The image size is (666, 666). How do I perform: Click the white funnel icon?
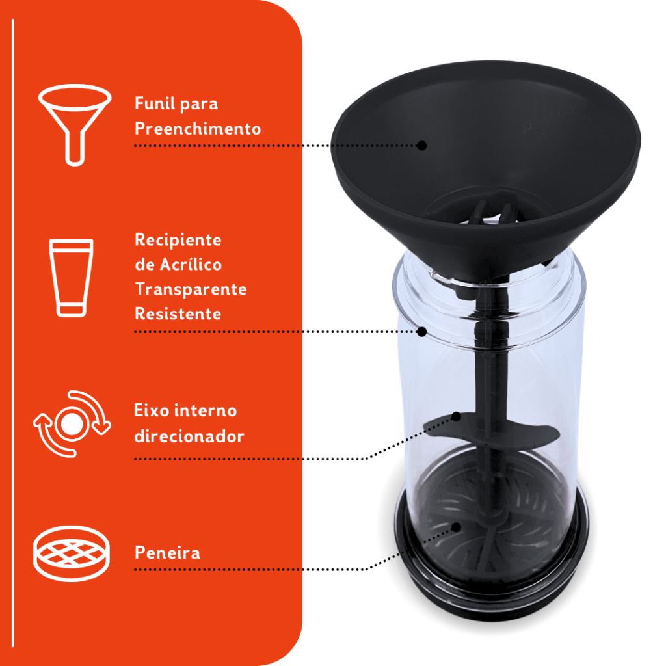(x=75, y=98)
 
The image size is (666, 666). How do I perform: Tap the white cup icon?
(x=71, y=278)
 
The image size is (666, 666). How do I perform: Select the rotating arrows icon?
(x=72, y=423)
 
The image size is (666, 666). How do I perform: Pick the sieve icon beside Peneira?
(x=72, y=553)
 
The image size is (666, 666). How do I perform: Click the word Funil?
(x=152, y=103)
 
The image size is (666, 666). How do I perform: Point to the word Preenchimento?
(x=198, y=129)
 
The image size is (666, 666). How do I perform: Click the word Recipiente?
(x=178, y=240)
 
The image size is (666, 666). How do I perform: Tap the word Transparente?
(x=191, y=289)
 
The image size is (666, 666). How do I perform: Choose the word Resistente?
(x=178, y=314)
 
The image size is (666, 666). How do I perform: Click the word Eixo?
(x=151, y=410)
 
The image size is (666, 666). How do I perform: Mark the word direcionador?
(x=189, y=436)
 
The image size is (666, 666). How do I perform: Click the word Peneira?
(x=167, y=553)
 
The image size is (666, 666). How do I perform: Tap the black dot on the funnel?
(x=421, y=146)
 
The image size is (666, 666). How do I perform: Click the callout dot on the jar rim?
(x=421, y=332)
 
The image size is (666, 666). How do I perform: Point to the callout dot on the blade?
(x=456, y=416)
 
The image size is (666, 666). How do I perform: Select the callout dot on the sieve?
(x=456, y=527)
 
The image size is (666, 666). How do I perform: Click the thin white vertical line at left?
(x=13, y=333)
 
